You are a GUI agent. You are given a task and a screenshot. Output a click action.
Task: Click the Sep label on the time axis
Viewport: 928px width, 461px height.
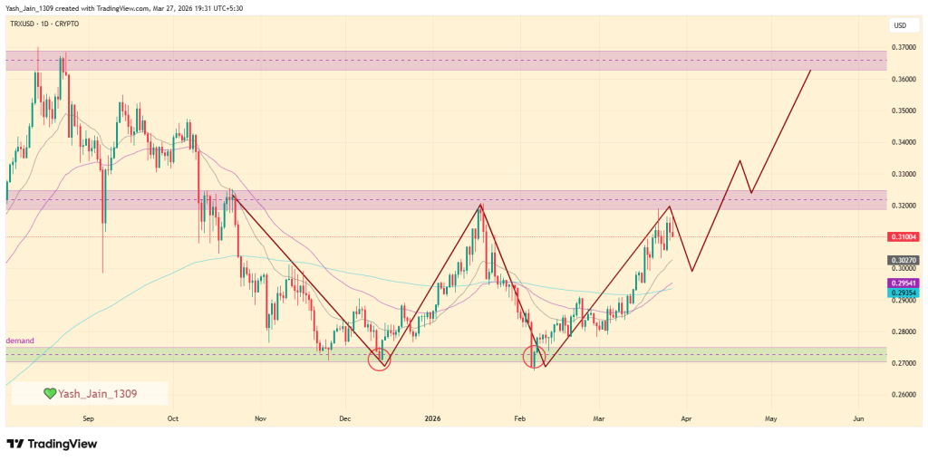pyautogui.click(x=88, y=419)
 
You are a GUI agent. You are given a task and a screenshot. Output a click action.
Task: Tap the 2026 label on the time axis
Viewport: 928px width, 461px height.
pyautogui.click(x=432, y=419)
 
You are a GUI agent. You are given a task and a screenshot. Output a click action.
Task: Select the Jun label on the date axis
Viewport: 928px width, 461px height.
pyautogui.click(x=858, y=419)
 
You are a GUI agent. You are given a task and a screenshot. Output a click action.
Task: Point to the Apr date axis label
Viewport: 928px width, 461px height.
pyautogui.click(x=686, y=419)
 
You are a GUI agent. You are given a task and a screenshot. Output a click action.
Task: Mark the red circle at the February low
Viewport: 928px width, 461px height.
pyautogui.click(x=536, y=357)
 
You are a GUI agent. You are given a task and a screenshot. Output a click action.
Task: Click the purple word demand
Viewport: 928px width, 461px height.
pyautogui.click(x=20, y=341)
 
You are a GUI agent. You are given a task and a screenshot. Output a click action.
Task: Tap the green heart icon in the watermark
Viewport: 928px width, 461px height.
pyautogui.click(x=50, y=393)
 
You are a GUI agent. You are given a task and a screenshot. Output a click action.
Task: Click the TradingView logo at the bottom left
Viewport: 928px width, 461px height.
pyautogui.click(x=52, y=444)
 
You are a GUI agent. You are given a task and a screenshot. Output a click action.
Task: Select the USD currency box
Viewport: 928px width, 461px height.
pyautogui.click(x=900, y=25)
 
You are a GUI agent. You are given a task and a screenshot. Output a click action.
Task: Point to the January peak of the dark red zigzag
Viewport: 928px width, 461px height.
pyautogui.click(x=480, y=205)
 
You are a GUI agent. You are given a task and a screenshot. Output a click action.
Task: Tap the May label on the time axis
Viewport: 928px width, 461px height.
pyautogui.click(x=770, y=419)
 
